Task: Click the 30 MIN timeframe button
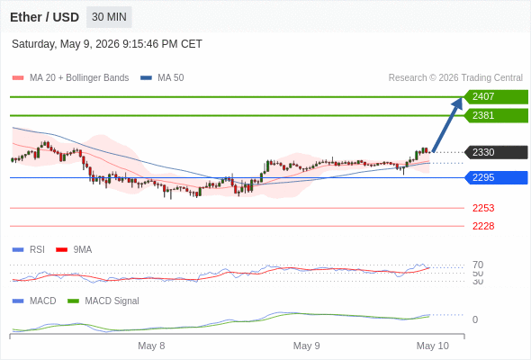tap(109, 17)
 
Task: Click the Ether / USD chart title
tap(44, 17)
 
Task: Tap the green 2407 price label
tap(496, 97)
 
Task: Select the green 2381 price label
tap(496, 115)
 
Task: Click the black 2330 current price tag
tap(496, 152)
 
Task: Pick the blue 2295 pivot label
tap(496, 177)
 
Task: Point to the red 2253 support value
tap(483, 208)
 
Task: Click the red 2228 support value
tap(483, 226)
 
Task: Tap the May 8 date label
tap(151, 346)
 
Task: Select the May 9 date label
tap(306, 346)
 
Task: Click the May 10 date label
tap(433, 346)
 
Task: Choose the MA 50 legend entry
tap(162, 78)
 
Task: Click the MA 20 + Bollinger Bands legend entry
tap(70, 78)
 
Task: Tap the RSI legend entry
tap(29, 249)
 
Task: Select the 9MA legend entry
tap(74, 249)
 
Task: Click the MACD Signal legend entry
tap(103, 301)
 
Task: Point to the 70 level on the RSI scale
tap(478, 265)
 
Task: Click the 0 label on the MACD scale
tap(475, 319)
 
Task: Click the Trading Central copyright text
tap(455, 78)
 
